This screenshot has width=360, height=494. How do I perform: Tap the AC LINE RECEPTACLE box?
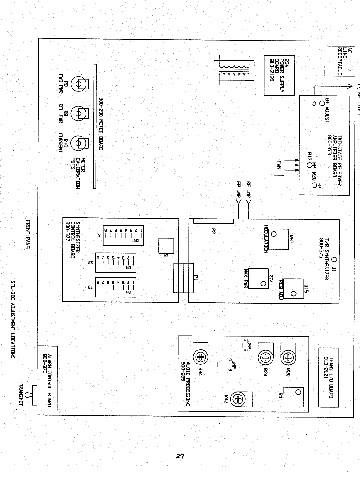click(340, 61)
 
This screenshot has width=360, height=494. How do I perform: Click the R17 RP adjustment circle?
click(309, 165)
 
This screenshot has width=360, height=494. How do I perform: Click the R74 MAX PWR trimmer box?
click(259, 279)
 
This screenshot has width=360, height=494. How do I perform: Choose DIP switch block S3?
click(116, 287)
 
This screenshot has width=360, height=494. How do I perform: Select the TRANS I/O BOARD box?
click(328, 377)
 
